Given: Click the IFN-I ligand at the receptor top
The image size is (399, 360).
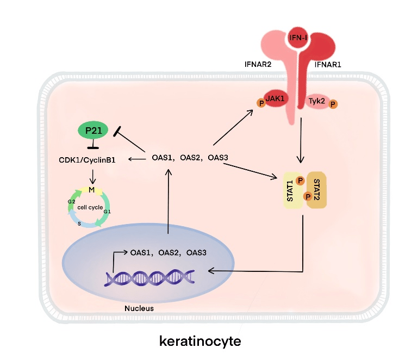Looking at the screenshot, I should point(298,37).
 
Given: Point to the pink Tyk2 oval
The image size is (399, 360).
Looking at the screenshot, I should point(316,101).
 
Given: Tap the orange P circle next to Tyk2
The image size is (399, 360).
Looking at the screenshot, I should point(333,103).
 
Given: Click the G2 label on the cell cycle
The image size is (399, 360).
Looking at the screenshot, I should point(71,201).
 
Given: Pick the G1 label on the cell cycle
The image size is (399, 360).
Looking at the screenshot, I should point(107,212).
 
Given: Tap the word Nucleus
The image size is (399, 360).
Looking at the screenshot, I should point(139,308).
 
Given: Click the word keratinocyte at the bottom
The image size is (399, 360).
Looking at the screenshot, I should point(199,341).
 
